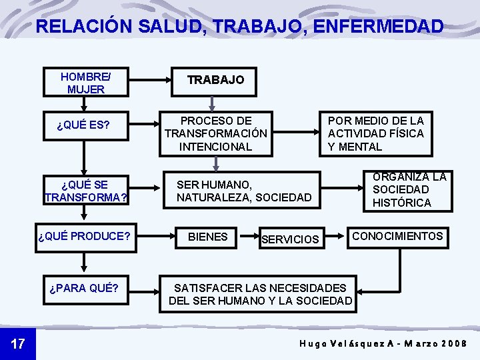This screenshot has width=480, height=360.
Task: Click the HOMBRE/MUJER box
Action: click(85, 82)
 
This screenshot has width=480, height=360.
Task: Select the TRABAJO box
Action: click(215, 80)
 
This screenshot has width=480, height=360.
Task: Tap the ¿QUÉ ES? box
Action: click(84, 125)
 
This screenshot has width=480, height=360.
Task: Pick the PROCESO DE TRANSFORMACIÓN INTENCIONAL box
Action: click(215, 133)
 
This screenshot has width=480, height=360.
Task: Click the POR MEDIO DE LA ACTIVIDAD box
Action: click(375, 133)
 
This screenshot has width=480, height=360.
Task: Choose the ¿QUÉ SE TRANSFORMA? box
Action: click(85, 191)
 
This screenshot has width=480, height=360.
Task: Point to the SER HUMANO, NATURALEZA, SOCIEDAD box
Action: click(244, 191)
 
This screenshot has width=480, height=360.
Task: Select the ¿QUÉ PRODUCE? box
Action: click(85, 237)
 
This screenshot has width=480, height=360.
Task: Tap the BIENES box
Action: click(207, 237)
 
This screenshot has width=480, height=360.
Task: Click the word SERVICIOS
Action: click(290, 239)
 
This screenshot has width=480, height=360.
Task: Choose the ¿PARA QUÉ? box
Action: click(85, 288)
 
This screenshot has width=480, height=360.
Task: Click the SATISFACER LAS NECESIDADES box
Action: click(259, 294)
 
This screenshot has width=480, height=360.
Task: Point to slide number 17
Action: click(18, 344)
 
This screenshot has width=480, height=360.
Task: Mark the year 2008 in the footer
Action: click(454, 344)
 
